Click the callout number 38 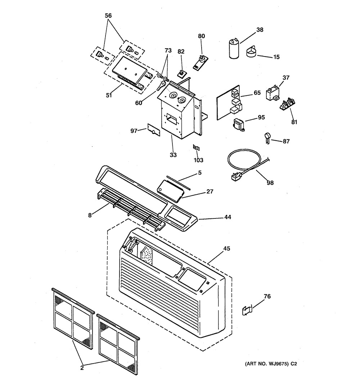coord(260,30)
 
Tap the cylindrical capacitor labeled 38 coord(234,49)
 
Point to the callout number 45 coord(226,248)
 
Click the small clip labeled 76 coord(247,310)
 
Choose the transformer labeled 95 coord(238,125)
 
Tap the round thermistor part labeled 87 coord(267,137)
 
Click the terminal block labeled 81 coord(287,104)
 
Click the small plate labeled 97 coord(154,130)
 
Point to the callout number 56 coord(108,16)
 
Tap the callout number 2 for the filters coord(82,367)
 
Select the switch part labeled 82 coord(181,73)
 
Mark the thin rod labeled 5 coord(179,182)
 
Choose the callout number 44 coord(228,217)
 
